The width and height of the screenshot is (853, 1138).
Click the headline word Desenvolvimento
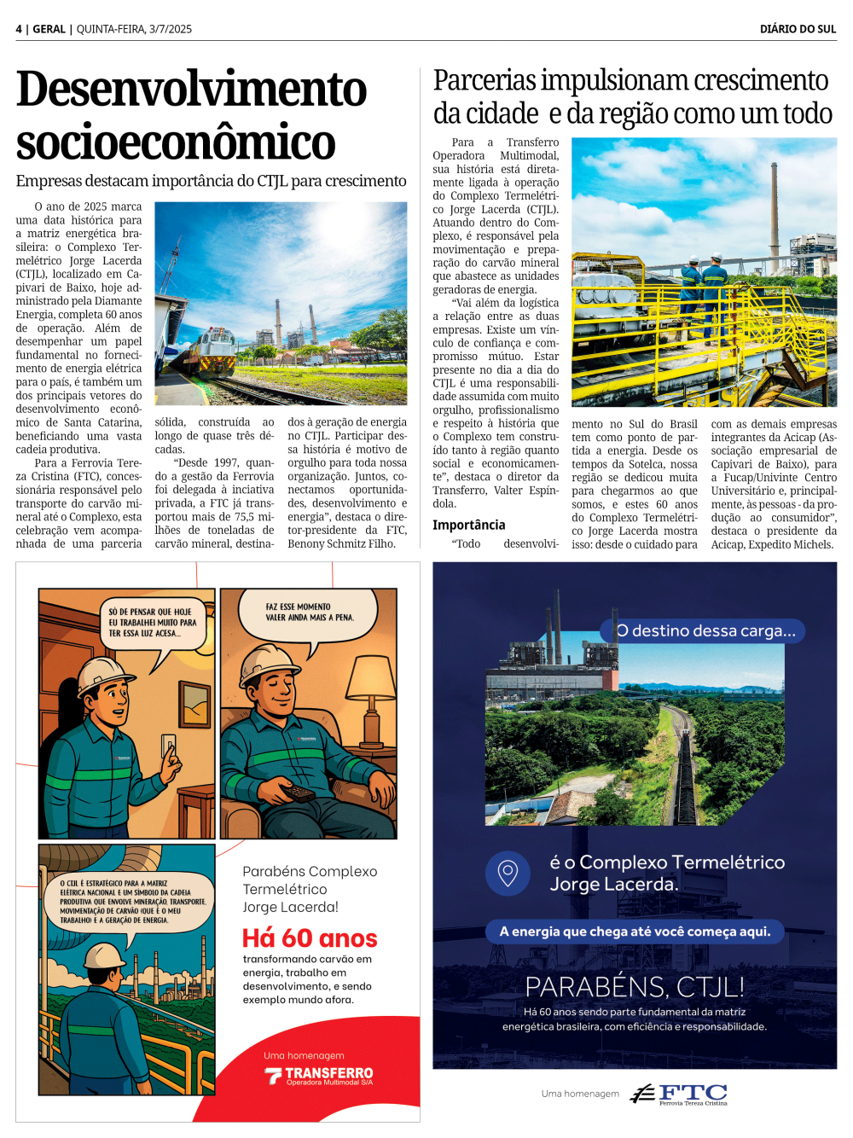click(191, 90)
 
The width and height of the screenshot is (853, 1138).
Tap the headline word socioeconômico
click(175, 142)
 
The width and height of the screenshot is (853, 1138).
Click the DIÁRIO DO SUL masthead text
click(798, 29)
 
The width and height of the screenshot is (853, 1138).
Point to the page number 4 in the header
click(19, 29)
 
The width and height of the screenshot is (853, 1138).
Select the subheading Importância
click(468, 525)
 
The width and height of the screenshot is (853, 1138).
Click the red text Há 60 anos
click(310, 938)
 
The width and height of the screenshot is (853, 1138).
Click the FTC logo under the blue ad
click(679, 1094)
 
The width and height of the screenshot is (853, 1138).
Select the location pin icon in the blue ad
click(508, 873)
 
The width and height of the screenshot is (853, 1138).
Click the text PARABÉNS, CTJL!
click(635, 987)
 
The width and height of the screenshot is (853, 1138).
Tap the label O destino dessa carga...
click(705, 631)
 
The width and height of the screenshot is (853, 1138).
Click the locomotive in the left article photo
click(212, 351)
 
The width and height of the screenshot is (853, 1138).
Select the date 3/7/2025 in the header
click(171, 29)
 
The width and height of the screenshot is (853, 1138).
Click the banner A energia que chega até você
click(635, 932)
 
